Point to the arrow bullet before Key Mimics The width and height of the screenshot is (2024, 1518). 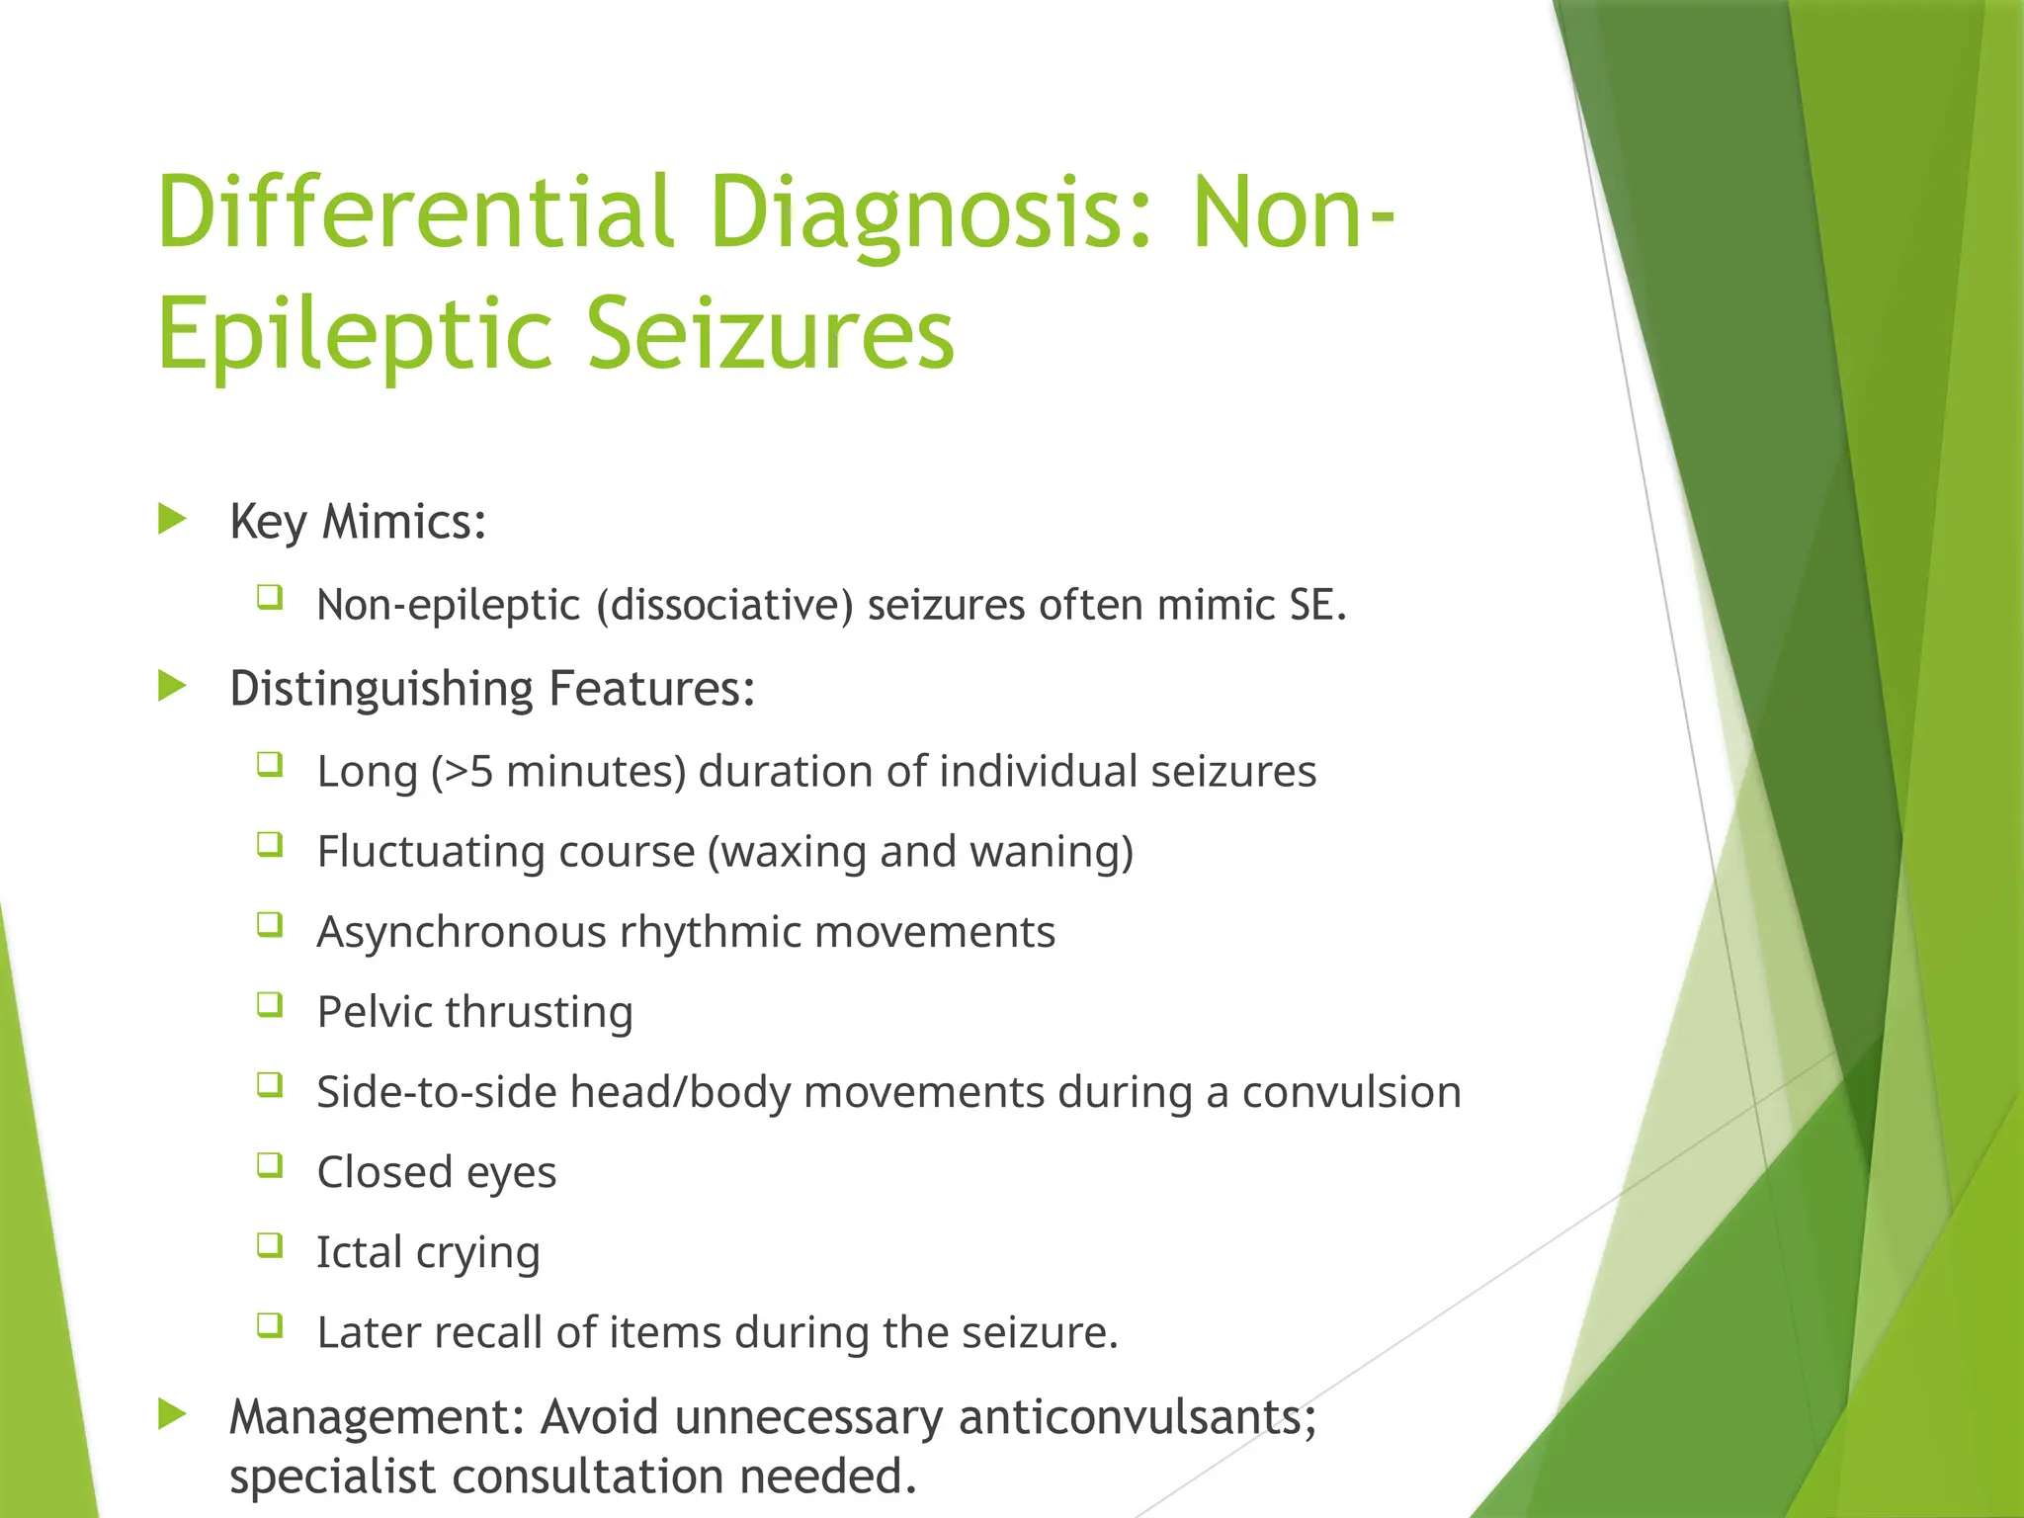coord(172,519)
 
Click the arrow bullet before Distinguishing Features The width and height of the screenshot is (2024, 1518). coord(172,686)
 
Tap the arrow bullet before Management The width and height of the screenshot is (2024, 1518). coord(172,1414)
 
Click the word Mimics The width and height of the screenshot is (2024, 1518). coord(404,521)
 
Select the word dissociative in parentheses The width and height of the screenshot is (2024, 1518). coord(724,605)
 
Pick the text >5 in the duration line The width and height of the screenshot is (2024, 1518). coord(468,772)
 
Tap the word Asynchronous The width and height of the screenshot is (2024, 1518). coord(462,932)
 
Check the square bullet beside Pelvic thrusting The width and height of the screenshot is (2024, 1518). coord(270,1005)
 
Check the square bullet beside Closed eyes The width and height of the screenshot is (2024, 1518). coord(270,1165)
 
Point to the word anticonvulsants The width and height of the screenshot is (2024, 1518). coord(1138,1417)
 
